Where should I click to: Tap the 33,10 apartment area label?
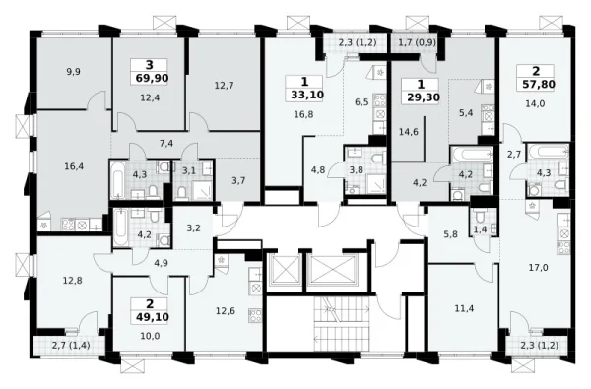point(307,95)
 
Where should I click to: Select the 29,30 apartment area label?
point(424,97)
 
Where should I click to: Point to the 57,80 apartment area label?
point(539,84)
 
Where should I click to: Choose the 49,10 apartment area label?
point(153,317)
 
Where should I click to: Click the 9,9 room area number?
point(74,72)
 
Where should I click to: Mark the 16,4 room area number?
point(74,166)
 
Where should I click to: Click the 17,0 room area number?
point(539,268)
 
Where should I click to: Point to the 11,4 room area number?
point(464,309)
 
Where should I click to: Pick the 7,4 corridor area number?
point(166,143)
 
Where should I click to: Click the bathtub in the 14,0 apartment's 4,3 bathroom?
point(549,153)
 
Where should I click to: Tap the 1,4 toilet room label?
point(480,229)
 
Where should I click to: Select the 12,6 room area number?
point(226,311)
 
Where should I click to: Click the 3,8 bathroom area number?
point(356,170)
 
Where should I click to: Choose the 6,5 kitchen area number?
point(361,102)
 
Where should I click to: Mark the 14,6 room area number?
point(409,132)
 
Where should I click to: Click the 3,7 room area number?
point(238,181)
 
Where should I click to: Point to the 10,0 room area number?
point(150,336)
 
